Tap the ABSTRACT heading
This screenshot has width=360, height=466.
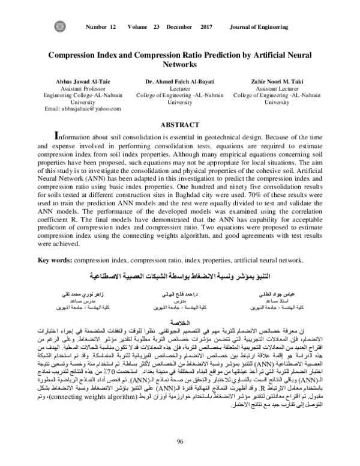(x=180, y=124)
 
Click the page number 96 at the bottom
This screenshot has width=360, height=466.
(x=180, y=443)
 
